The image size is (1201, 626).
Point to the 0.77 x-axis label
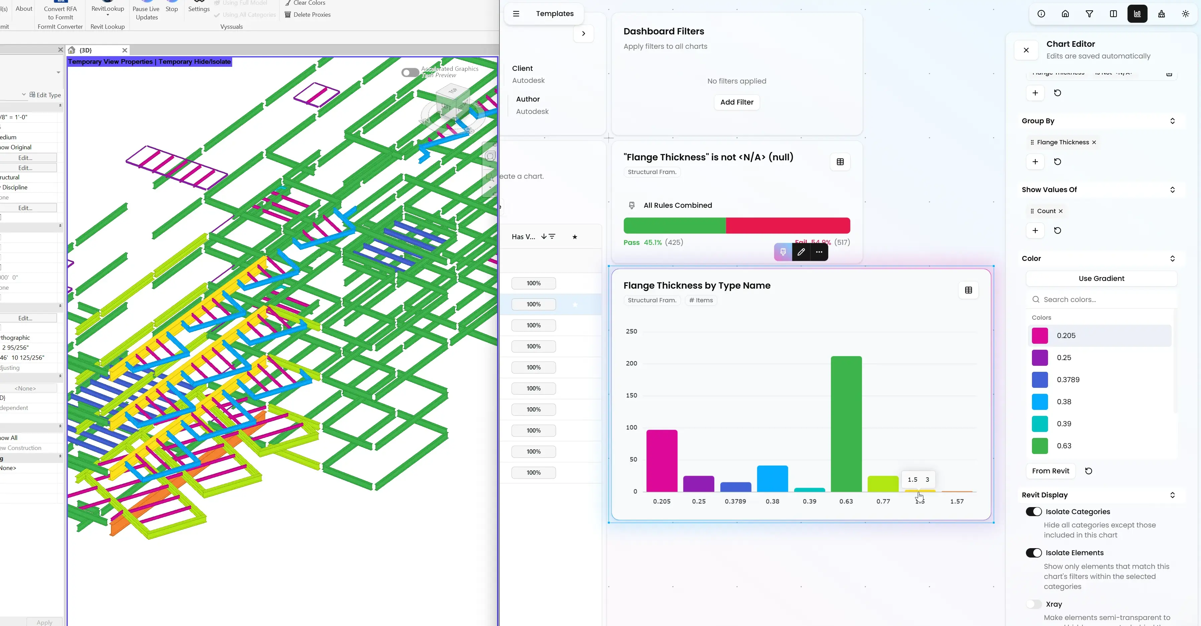coord(883,501)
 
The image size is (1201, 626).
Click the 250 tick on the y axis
coord(631,331)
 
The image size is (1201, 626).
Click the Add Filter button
coord(736,102)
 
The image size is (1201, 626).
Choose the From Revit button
coord(1050,471)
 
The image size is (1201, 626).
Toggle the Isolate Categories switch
coord(1033,511)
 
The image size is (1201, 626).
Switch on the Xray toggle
coord(1033,604)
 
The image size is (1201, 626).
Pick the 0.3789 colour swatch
coord(1039,379)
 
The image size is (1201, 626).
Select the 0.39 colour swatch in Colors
coord(1039,424)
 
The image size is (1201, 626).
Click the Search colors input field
coord(1105,299)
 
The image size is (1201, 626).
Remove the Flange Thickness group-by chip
coord(1094,142)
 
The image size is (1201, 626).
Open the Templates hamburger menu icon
coord(516,13)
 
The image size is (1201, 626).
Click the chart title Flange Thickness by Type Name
coord(697,285)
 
